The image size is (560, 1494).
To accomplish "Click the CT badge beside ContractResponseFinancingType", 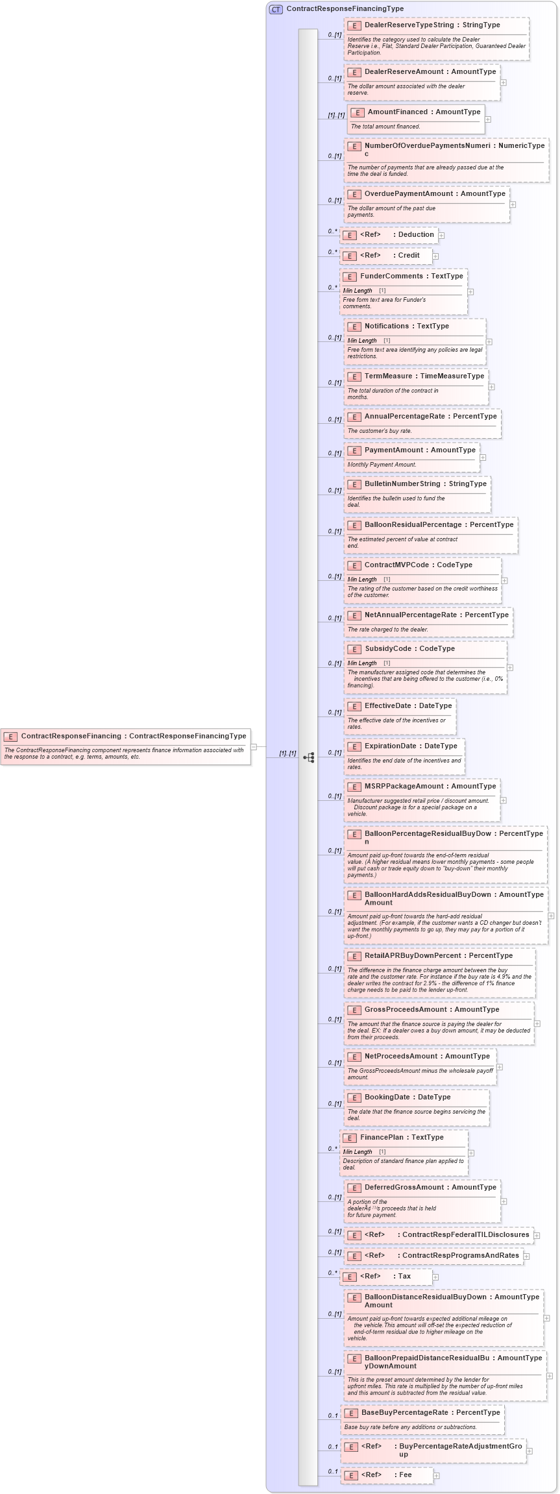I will click(x=276, y=9).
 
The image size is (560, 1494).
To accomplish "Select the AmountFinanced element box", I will click(x=416, y=119).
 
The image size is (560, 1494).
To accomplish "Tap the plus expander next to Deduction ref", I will click(x=441, y=235).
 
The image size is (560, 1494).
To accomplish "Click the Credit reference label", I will click(x=409, y=256).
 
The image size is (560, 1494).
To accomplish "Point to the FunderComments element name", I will click(x=391, y=276).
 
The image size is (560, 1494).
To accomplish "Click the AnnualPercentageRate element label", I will click(x=404, y=417).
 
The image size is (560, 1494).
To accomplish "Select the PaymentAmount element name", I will click(x=393, y=450).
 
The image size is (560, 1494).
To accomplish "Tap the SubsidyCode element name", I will click(x=387, y=649).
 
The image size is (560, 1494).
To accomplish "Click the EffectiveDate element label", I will click(x=387, y=706).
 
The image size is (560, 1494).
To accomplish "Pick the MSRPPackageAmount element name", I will click(x=403, y=787).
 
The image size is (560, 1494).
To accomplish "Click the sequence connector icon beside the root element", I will click(x=309, y=757).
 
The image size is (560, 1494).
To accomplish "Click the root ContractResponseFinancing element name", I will click(x=71, y=736).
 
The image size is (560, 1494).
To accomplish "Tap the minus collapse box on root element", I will click(x=254, y=747).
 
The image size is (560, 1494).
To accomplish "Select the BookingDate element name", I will click(x=387, y=1097).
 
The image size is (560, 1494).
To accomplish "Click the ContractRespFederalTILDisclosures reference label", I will click(x=465, y=1235).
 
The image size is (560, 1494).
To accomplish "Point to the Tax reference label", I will click(x=404, y=1277).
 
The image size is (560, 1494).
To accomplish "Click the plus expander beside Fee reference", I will click(x=436, y=1476).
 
